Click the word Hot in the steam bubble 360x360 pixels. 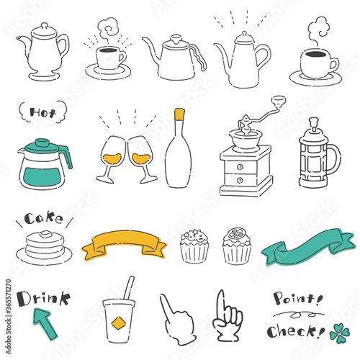[42, 112]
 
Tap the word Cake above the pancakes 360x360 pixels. [43, 218]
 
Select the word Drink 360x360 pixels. [43, 299]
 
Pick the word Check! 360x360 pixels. [296, 331]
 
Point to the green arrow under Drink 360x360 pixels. [45, 323]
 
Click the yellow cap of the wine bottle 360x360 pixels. [179, 114]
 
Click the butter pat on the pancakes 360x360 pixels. [45, 234]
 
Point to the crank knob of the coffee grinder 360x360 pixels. [279, 99]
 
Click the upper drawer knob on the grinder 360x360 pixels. [240, 167]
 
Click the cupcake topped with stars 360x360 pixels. [194, 246]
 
